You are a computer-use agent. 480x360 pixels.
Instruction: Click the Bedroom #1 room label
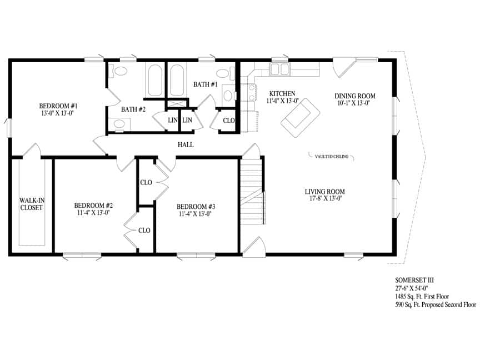coord(58,106)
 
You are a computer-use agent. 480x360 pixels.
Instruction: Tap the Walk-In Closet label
coord(32,204)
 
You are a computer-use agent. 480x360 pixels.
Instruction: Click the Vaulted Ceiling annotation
coord(332,157)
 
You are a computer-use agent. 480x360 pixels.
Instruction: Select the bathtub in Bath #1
coord(177,79)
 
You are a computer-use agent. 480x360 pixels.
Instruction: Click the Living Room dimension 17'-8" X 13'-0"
coord(326,198)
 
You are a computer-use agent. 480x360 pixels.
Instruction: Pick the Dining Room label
coord(355,96)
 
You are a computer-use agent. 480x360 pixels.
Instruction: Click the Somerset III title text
coord(414,280)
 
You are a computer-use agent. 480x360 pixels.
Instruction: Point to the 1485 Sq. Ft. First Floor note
coord(422,296)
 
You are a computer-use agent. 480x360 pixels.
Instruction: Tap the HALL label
coord(186,144)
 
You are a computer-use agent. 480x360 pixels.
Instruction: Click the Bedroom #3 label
coord(196,207)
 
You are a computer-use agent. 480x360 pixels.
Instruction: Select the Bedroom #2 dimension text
coord(93,213)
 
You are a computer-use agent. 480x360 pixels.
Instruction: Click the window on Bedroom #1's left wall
coord(9,128)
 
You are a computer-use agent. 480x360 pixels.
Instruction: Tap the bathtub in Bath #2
coord(154,80)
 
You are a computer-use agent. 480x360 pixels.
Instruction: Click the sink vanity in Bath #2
coord(119,124)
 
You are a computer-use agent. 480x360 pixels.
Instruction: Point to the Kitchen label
coord(282,94)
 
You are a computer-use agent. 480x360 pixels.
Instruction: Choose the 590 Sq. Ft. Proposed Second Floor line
coord(436,304)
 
